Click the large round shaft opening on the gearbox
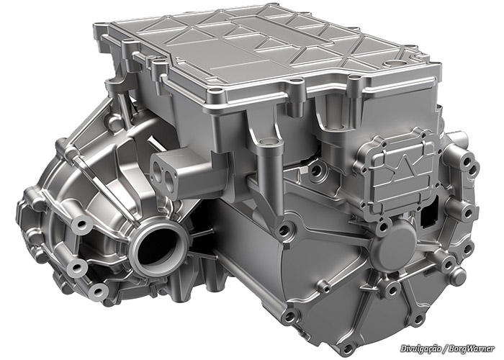pyautogui.click(x=158, y=247)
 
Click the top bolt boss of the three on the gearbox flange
pyautogui.click(x=79, y=225)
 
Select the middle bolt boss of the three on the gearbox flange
pyautogui.click(x=78, y=266)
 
